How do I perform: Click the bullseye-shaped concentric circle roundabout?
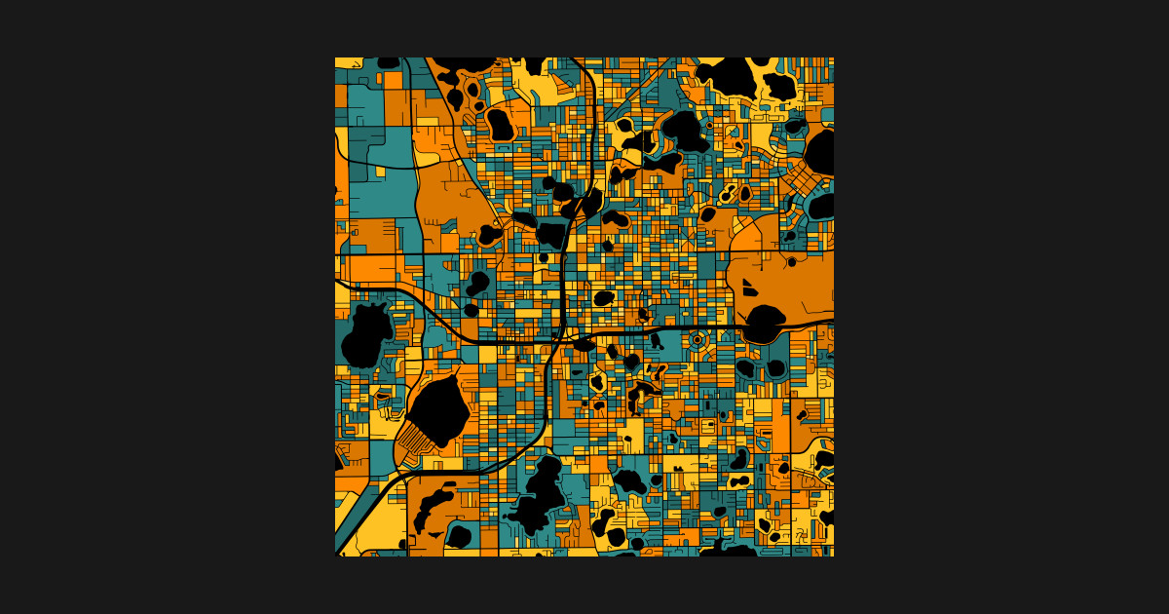click(697, 339)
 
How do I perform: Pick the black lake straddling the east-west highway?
click(764, 324)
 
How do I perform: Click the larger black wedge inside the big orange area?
click(747, 288)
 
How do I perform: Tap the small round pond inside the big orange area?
click(792, 261)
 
